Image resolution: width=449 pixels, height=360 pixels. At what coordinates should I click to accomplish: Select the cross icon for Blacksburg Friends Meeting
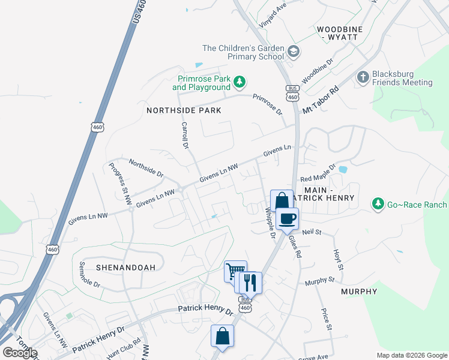(363, 77)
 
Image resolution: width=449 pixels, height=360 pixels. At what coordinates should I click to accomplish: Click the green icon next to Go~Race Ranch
(378, 205)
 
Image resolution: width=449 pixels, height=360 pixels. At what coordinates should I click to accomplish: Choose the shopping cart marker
(235, 271)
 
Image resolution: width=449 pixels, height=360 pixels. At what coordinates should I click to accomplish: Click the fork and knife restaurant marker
(250, 282)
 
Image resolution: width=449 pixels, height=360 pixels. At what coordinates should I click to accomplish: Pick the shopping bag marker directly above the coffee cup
(282, 200)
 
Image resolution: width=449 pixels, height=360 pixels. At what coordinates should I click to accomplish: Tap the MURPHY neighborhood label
(359, 292)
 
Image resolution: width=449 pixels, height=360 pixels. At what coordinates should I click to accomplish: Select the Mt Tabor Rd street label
(321, 100)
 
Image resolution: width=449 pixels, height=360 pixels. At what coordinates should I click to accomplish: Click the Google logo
(20, 353)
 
